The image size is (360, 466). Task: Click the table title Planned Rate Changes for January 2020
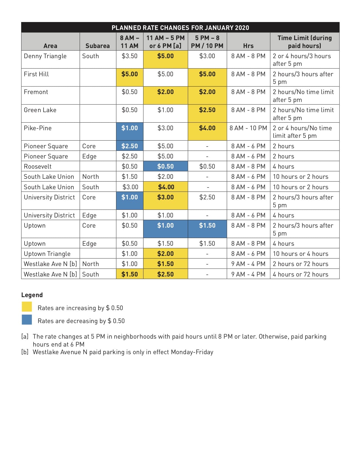click(180, 28)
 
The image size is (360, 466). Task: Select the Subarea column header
click(97, 46)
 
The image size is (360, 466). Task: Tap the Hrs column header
click(248, 46)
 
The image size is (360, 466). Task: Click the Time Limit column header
click(304, 42)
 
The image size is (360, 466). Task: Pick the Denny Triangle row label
click(45, 56)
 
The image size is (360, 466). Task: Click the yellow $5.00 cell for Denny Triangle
click(165, 56)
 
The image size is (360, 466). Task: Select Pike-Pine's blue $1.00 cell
click(130, 128)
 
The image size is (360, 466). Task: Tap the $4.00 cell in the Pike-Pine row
click(207, 128)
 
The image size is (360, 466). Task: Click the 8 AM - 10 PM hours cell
click(248, 128)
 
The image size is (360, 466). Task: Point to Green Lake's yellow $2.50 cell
click(207, 110)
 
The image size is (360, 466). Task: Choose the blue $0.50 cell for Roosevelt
click(165, 166)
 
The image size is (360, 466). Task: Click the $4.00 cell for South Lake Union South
click(166, 187)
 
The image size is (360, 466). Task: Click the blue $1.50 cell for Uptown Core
click(207, 226)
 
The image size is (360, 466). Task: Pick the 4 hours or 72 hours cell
click(300, 274)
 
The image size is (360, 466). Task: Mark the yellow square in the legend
click(27, 307)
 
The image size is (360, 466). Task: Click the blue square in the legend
click(27, 320)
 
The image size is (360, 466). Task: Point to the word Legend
click(32, 295)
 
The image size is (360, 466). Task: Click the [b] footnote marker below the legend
click(25, 352)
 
